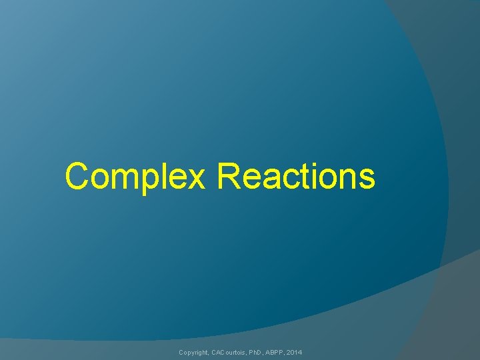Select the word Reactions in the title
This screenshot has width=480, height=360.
coord(296,177)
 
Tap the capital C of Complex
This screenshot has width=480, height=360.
coord(78,177)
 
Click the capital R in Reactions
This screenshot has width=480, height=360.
coord(229,177)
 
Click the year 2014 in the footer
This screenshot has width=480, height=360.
coord(295,351)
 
